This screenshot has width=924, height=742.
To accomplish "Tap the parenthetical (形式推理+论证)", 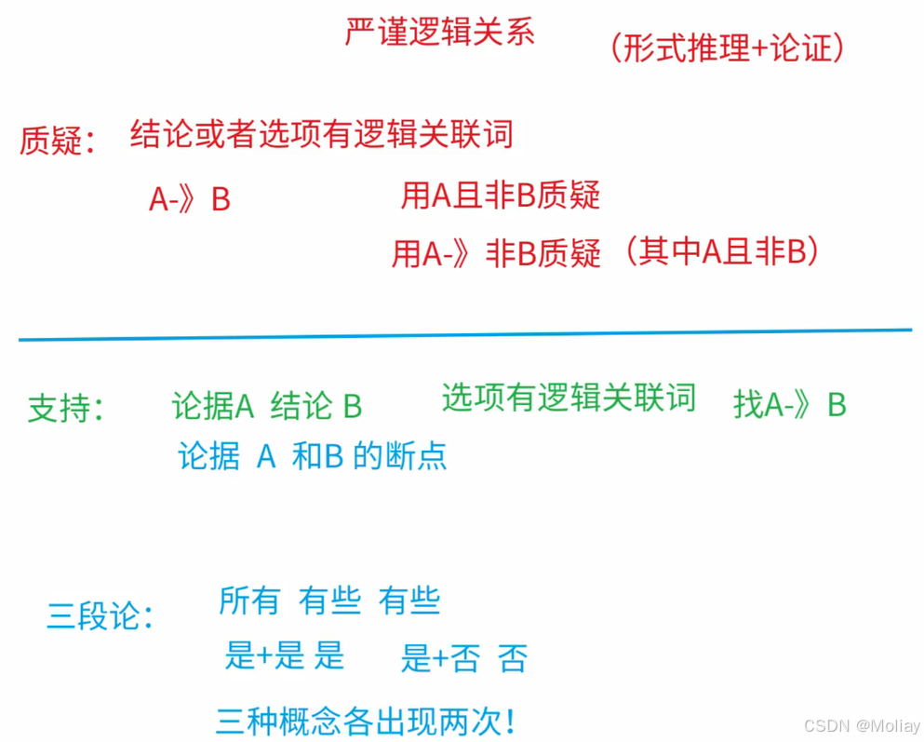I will click(727, 48).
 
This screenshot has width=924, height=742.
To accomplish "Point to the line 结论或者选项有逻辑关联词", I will click(321, 135).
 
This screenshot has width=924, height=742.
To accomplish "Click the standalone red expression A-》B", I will click(189, 200).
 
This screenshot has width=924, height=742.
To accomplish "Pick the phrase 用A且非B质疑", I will click(500, 196).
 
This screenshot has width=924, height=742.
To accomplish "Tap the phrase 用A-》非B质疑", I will click(496, 253).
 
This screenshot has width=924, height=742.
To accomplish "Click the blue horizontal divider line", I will click(465, 335).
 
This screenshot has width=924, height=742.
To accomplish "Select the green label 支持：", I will click(64, 409).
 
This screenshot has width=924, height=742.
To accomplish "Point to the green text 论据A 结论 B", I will click(267, 406).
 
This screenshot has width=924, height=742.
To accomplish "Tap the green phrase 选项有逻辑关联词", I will click(569, 398).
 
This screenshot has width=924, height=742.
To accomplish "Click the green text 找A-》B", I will click(789, 405).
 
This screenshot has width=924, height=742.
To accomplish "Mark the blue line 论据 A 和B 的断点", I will click(312, 456).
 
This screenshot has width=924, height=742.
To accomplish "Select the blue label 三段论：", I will click(100, 616).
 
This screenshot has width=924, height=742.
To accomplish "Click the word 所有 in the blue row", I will click(249, 601).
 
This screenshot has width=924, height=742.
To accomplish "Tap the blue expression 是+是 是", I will click(285, 656).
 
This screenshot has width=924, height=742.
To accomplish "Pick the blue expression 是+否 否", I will click(463, 659).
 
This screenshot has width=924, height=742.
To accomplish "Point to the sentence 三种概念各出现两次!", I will click(365, 722).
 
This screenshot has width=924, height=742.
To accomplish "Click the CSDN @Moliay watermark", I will click(861, 725).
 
